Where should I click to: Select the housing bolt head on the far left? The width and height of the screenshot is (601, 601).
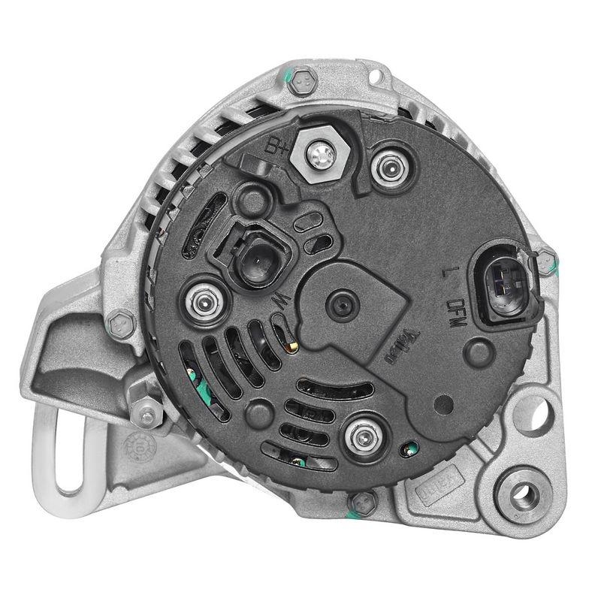coord(118,325)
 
